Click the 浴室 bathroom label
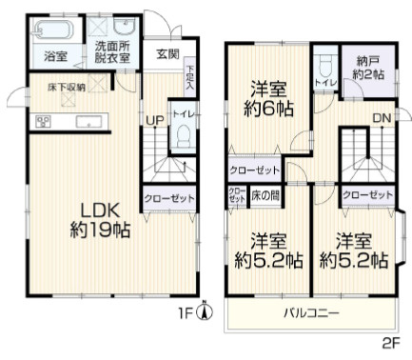55,57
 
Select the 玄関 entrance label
167,54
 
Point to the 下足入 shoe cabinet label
190,76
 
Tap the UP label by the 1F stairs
152,119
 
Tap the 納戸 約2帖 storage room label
367,67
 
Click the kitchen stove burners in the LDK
43,121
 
